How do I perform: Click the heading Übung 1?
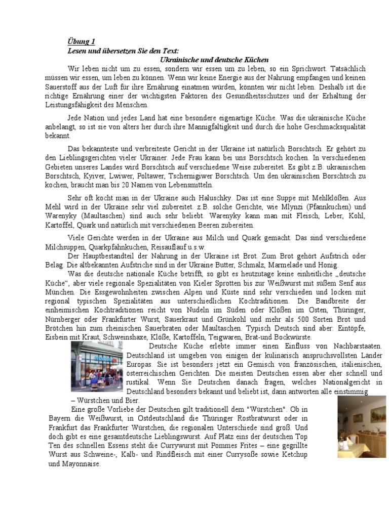coord(81,41)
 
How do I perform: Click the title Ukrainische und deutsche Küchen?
coord(213,59)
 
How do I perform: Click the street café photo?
coord(96,366)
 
